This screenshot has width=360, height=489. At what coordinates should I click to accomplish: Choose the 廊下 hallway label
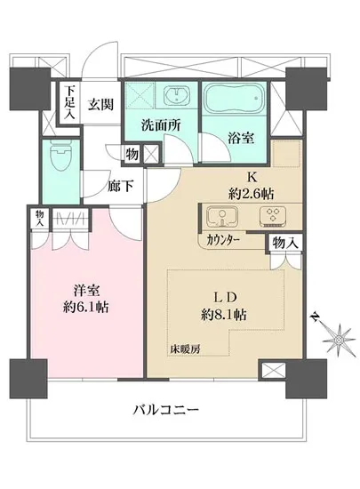(120, 186)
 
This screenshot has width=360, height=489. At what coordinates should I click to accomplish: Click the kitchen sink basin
(220, 216)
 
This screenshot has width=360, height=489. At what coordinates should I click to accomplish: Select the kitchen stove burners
(271, 216)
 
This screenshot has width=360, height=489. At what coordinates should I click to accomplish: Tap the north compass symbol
(338, 338)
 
